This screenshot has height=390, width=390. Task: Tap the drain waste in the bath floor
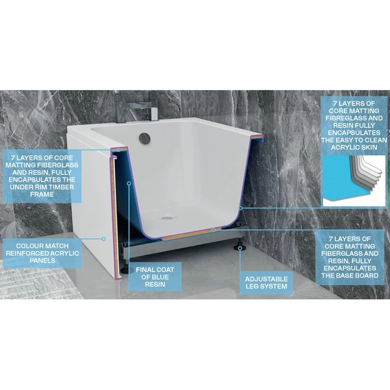[167, 216]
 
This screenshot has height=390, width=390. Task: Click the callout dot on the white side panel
[104, 239]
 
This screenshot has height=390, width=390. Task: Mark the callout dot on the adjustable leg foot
[239, 250]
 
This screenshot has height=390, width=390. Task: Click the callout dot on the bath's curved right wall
[240, 209]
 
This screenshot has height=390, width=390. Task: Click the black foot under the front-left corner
[125, 269]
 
